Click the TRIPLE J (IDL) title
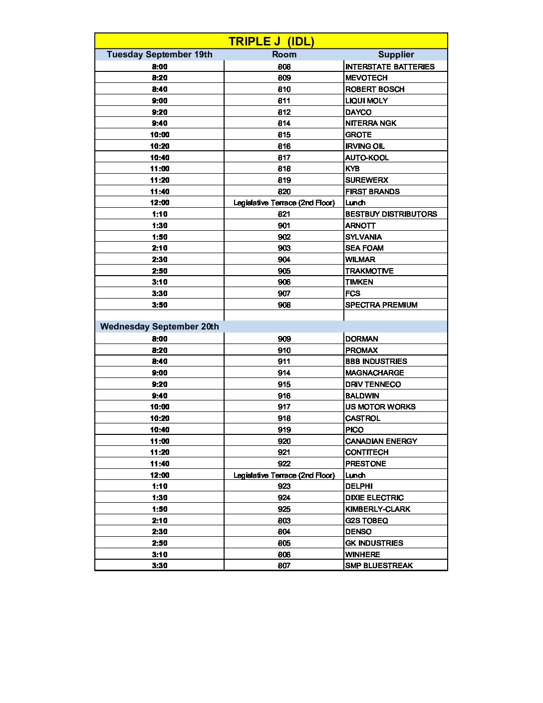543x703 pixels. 271,41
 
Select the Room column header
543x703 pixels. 284,54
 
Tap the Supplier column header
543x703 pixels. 396,54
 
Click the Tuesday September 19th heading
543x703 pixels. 159,54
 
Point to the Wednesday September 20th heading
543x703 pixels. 159,327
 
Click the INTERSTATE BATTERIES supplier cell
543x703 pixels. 390,67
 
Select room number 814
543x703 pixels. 284,123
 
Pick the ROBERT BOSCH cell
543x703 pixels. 375,89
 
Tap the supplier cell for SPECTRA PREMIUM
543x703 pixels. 381,305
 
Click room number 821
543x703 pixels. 284,214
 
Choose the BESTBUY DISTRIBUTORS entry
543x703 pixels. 391,214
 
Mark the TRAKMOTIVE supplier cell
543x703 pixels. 369,271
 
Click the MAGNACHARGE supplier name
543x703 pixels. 374,373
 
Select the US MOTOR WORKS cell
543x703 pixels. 380,407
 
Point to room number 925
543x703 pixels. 284,509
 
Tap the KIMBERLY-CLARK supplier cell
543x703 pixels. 377,509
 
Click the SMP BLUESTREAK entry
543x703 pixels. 379,566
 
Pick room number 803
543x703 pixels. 284,521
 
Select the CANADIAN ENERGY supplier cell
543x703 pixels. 381,441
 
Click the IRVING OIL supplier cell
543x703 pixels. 365,146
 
